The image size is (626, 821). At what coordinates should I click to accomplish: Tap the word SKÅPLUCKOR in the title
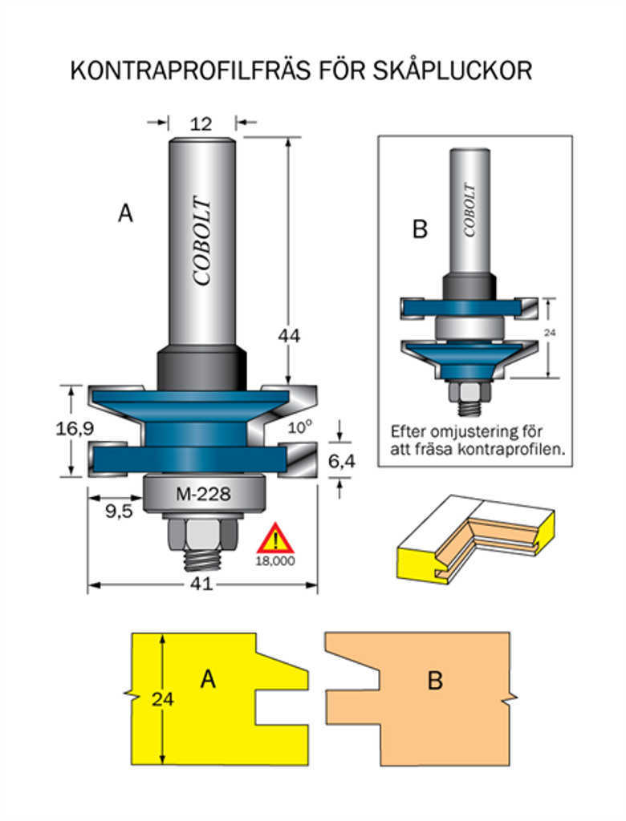click(453, 71)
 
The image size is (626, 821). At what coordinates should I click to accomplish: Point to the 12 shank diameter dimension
click(201, 123)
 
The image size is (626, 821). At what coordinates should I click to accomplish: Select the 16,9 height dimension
click(71, 429)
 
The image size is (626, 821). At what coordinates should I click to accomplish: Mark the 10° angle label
click(299, 428)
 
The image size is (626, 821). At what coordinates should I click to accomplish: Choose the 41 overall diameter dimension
click(201, 584)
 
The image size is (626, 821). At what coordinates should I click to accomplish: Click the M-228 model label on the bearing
click(202, 494)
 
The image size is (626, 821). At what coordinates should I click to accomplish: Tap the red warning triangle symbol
click(275, 539)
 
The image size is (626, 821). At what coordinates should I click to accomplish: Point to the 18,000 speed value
click(275, 561)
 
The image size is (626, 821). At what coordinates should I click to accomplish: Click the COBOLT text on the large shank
click(202, 241)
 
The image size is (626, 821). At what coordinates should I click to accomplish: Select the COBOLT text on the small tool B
click(469, 210)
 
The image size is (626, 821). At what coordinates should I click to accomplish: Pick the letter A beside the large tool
click(125, 213)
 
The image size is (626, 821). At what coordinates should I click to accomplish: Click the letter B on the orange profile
click(435, 681)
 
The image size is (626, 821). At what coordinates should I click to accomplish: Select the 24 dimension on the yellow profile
click(162, 698)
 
